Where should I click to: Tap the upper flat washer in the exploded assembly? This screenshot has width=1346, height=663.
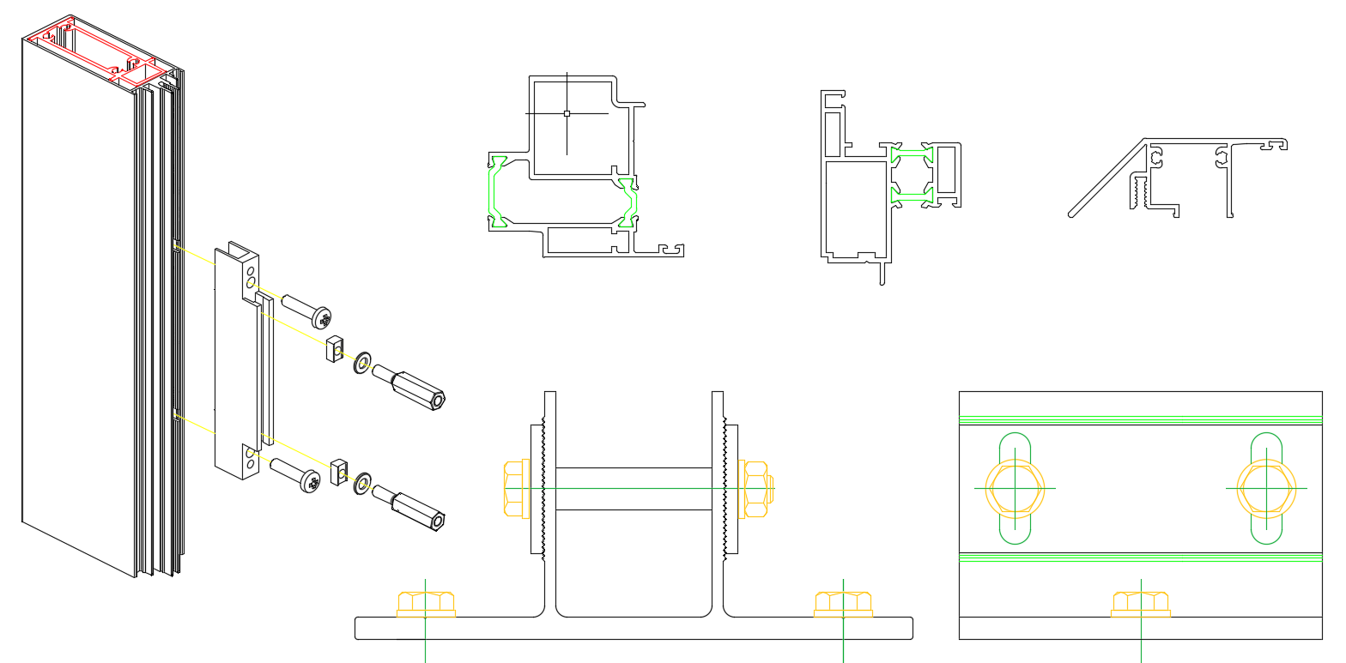[362, 361]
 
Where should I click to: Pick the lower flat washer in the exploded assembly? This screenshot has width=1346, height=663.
[362, 483]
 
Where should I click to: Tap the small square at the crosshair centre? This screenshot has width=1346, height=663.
[567, 112]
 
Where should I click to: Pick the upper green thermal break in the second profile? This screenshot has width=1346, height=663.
[912, 155]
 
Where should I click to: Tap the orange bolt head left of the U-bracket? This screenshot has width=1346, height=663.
[515, 489]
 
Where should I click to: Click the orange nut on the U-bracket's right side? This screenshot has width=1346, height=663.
[756, 489]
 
